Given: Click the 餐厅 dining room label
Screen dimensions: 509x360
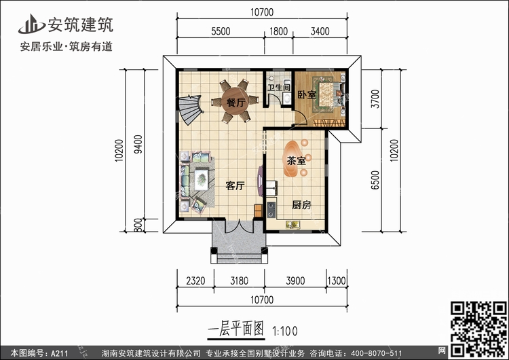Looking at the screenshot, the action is pos(236,103).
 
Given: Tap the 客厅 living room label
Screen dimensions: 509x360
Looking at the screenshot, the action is pos(235,186).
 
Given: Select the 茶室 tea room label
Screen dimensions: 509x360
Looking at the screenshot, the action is pos(296,160).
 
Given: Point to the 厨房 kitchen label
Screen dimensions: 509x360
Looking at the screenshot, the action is pos(301,205).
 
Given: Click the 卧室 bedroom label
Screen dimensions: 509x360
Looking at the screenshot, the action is pos(307,94).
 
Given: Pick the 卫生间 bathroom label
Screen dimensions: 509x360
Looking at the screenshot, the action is pos(278,88).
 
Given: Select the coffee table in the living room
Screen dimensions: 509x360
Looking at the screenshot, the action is pos(202,179).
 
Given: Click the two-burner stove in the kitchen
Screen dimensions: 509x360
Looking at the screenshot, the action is pos(271,210).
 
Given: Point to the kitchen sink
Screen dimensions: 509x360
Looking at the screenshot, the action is pos(293,224).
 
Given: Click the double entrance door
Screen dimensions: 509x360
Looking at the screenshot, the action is pos(240,226).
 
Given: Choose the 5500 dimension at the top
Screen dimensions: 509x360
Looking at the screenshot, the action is pos(221,31).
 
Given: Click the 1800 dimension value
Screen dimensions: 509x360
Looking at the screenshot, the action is pos(278,31).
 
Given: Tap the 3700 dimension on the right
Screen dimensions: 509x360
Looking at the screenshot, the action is pos(375,98).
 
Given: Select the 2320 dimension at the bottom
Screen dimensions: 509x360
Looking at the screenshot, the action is pos(195,281).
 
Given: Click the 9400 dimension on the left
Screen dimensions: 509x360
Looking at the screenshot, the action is pos(138,144).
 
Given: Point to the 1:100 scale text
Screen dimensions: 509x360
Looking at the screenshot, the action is pos(284,331).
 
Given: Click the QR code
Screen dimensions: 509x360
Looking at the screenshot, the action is pos(478,329).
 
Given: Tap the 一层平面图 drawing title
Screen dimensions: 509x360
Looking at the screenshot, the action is pos(235,329).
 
